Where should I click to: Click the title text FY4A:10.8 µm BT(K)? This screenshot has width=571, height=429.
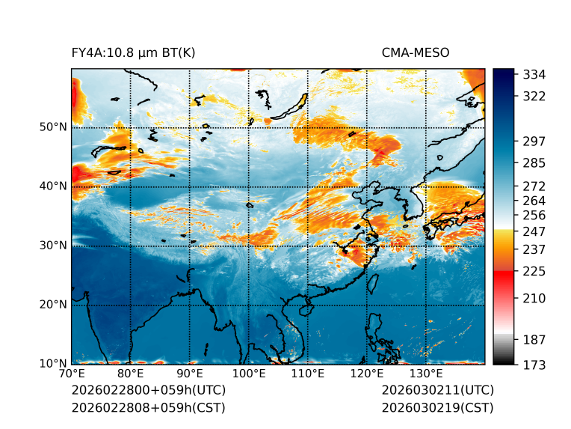134,53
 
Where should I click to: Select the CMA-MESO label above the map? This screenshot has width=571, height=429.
416,53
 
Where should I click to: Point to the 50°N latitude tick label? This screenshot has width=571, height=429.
53,127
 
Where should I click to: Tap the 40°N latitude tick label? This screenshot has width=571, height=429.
53,186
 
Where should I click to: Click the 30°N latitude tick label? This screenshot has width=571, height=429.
53,246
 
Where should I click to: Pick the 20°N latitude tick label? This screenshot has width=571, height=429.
53,305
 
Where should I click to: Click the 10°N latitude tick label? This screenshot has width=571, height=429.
53,364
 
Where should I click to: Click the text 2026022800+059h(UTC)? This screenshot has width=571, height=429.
148,390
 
